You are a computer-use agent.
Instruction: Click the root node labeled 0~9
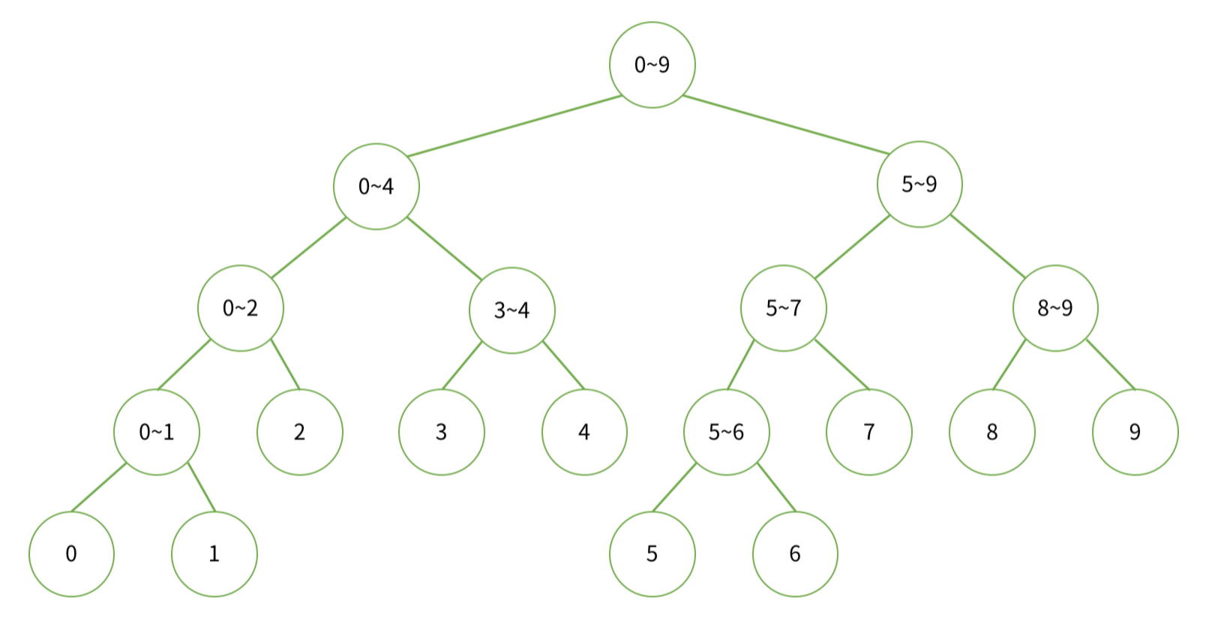[x=652, y=65]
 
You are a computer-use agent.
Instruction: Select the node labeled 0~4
[x=376, y=187]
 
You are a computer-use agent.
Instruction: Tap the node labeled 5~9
[x=919, y=184]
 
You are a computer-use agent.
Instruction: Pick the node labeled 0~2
[x=241, y=308]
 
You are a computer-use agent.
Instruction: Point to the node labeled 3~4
[x=512, y=310]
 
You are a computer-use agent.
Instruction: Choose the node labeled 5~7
[x=784, y=308]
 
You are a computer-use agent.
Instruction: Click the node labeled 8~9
[x=1055, y=308]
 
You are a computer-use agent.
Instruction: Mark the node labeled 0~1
[x=157, y=432]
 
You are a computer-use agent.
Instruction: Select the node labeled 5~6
[x=727, y=432]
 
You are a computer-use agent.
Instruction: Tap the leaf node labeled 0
[x=71, y=554]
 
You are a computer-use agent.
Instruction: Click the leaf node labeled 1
[x=214, y=554]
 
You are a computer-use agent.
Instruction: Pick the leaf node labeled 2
[x=300, y=432]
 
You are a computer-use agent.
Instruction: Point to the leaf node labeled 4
[x=584, y=432]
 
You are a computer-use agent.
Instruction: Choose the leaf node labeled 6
[x=795, y=554]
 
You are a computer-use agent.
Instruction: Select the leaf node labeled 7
[x=869, y=432]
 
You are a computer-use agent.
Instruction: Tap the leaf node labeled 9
[x=1135, y=432]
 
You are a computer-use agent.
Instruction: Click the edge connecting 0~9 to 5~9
[x=786, y=124]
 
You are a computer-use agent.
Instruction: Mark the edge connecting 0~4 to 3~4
[x=444, y=248]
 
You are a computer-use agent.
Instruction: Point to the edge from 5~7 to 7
[x=841, y=364]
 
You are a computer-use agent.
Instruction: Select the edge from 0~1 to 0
[x=99, y=487]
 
